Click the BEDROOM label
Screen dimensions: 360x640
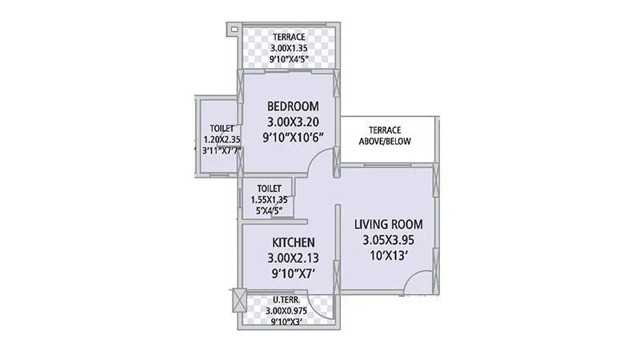[x=293, y=106]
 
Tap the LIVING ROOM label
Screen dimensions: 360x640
[x=389, y=224]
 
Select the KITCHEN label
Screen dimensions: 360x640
[x=293, y=242]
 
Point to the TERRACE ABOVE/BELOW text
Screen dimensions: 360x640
[x=385, y=136]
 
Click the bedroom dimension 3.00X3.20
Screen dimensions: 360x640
[x=293, y=122]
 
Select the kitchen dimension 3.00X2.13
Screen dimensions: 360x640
[x=293, y=258]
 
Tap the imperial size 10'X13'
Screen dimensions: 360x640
[x=389, y=255]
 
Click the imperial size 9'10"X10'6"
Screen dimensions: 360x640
[x=293, y=138]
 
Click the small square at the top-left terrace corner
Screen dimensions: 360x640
[x=233, y=30]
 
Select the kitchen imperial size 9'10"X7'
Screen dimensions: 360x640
[x=293, y=274]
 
